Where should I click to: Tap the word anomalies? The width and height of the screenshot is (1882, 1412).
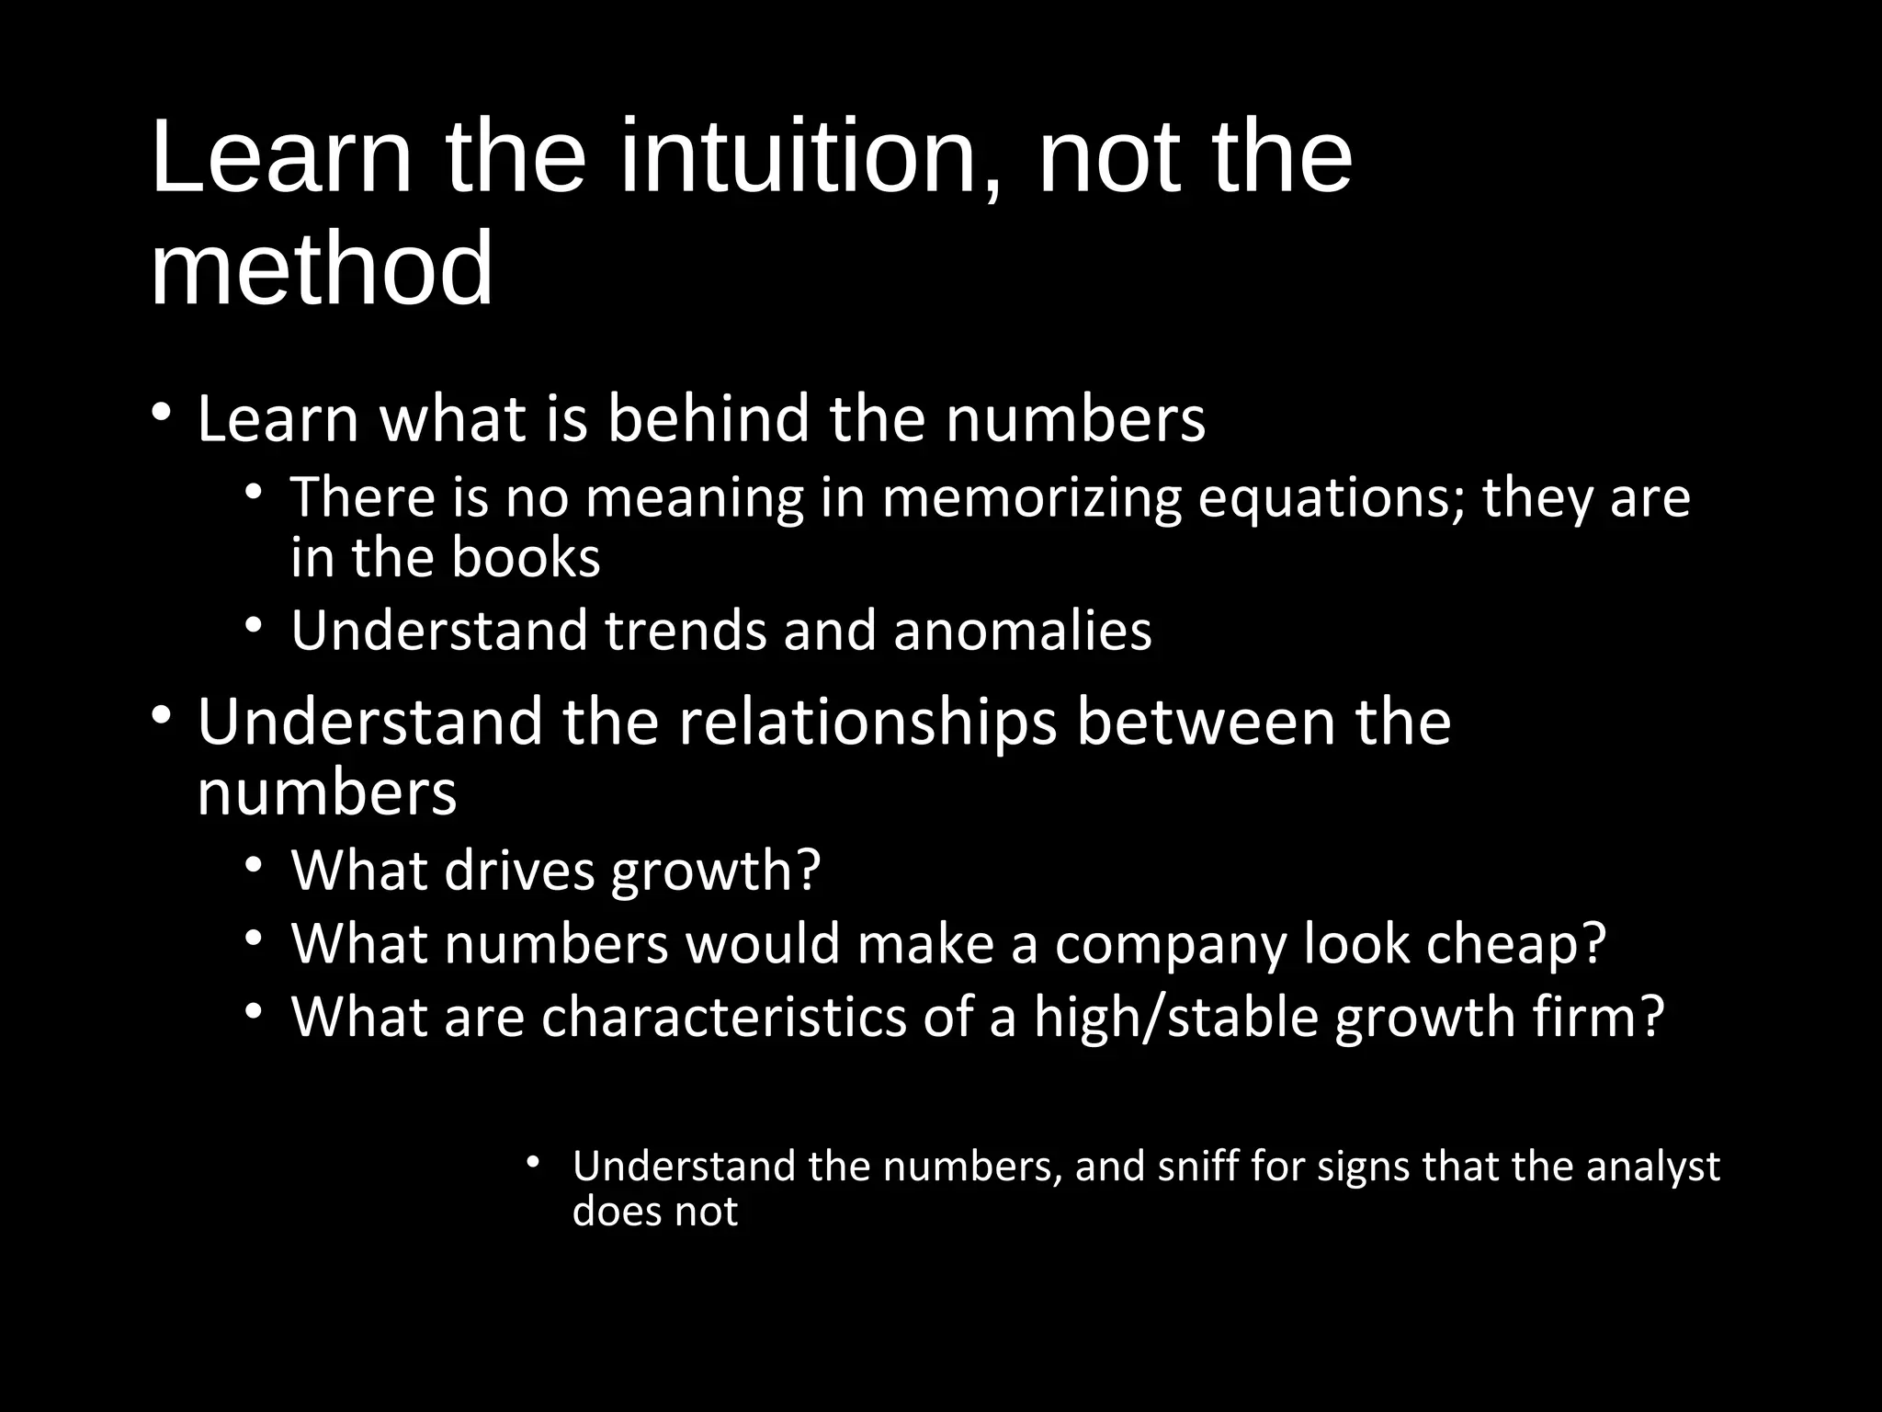click(x=1022, y=631)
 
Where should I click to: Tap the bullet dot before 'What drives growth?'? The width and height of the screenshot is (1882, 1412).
click(x=255, y=865)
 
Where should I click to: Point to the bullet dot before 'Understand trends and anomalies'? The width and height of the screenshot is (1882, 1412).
click(x=255, y=625)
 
